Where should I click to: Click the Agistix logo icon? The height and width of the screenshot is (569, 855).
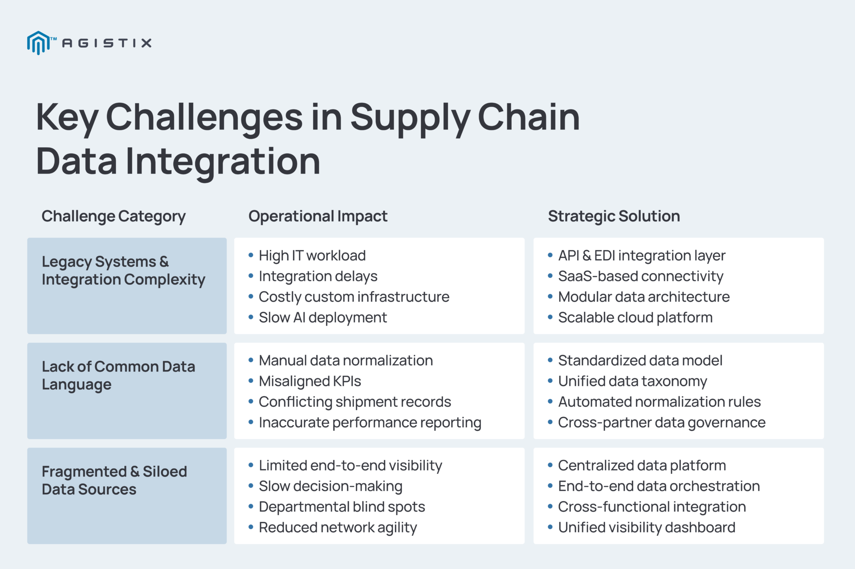point(39,43)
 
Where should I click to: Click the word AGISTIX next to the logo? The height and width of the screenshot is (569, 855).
point(107,43)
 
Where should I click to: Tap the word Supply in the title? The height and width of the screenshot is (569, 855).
point(410,118)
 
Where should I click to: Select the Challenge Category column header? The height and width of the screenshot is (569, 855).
point(114,216)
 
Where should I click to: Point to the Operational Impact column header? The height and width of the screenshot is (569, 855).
point(318,216)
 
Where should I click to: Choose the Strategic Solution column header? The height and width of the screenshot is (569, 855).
point(614,216)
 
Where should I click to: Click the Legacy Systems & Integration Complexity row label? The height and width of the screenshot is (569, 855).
point(123,270)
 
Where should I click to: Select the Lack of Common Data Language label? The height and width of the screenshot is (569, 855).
point(118,375)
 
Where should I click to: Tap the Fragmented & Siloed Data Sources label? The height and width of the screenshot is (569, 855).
point(114,480)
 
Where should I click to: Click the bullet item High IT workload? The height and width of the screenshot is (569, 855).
point(312,256)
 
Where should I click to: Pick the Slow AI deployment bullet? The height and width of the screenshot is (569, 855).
point(323,318)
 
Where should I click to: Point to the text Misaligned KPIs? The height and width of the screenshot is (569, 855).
point(310,381)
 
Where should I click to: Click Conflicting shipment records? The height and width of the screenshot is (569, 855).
point(355,402)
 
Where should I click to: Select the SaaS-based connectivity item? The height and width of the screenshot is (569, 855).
point(640,276)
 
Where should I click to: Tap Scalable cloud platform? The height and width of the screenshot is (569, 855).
point(635,318)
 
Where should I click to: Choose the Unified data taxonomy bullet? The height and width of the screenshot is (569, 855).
point(632,381)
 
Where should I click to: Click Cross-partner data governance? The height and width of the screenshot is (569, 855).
point(662,423)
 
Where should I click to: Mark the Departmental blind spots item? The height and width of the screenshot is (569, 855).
point(342,507)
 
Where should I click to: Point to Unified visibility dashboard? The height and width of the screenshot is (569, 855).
point(647,528)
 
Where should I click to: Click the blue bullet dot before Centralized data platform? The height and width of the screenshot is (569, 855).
point(550,465)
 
